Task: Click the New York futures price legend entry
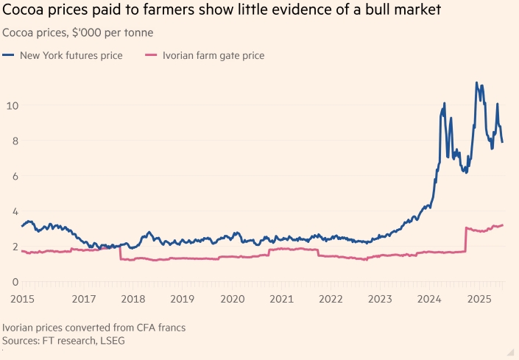point(71,55)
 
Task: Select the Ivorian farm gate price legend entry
point(214,55)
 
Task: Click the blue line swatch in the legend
point(9,55)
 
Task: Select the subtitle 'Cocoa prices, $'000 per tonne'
point(78,33)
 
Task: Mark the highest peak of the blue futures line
point(476,82)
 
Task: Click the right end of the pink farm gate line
point(503,225)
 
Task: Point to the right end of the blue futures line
point(503,142)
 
